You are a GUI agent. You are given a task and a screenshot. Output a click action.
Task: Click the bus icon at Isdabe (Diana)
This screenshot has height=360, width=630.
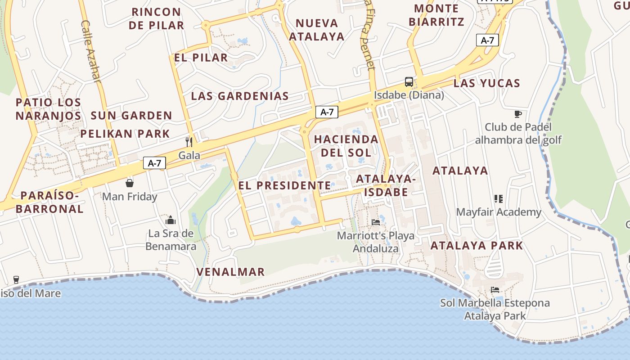409,82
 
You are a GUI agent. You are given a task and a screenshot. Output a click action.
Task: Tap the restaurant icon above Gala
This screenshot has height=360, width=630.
189,142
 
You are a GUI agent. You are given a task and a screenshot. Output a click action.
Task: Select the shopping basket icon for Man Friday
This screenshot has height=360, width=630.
130,183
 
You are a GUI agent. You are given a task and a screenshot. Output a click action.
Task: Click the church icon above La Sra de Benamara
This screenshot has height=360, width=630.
171,220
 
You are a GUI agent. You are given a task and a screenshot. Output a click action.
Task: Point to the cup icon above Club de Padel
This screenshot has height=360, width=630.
518,114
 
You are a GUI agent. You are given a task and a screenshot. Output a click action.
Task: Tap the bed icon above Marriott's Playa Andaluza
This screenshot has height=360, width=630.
376,222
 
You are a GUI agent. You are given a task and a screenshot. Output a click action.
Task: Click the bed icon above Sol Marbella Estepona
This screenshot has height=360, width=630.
495,290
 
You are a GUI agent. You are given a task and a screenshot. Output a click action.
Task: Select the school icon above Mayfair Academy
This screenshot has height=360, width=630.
498,198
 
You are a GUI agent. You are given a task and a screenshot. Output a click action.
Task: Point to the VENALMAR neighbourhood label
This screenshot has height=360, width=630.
230,272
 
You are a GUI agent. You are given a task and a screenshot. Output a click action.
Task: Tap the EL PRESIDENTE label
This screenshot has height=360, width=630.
284,185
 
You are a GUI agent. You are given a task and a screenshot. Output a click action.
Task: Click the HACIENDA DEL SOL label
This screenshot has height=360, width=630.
346,146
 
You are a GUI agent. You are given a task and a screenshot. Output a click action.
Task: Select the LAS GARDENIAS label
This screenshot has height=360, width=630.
240,96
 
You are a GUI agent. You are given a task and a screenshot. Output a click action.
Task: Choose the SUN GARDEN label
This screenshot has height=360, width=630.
131,116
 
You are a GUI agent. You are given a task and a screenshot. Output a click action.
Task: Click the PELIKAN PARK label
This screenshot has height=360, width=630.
125,134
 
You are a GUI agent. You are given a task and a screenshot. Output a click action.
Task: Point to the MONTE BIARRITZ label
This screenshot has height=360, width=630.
436,15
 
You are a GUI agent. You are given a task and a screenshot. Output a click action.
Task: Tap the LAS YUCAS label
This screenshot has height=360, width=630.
486,83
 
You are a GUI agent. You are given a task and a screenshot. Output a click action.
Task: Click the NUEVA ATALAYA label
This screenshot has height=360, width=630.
316,30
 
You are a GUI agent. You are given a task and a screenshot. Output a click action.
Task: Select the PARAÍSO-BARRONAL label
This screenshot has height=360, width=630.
52,202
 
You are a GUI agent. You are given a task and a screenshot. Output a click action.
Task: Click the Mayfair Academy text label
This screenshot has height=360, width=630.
499,212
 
